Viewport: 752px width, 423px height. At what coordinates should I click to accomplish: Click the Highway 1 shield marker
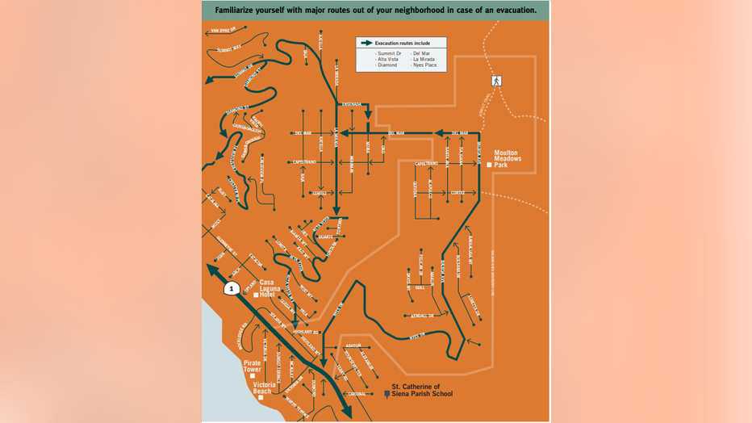(x=231, y=288)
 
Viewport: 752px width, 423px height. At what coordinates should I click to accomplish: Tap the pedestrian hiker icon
(x=497, y=81)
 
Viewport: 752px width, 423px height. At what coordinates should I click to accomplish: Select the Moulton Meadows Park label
(x=508, y=158)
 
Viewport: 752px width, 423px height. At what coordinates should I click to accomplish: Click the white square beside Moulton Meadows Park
(x=490, y=165)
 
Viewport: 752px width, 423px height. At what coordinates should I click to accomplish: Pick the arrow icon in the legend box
(x=366, y=44)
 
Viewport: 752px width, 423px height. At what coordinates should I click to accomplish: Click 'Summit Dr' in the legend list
(x=389, y=52)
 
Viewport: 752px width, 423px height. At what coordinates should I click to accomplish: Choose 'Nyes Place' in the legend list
(x=424, y=65)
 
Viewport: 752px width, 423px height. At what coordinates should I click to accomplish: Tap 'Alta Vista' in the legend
(x=388, y=59)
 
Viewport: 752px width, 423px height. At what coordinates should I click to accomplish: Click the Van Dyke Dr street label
(x=222, y=31)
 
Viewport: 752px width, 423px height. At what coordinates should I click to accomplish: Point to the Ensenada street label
(x=352, y=104)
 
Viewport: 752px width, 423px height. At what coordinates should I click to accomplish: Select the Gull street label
(x=420, y=287)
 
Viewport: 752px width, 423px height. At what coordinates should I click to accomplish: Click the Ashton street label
(x=353, y=345)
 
